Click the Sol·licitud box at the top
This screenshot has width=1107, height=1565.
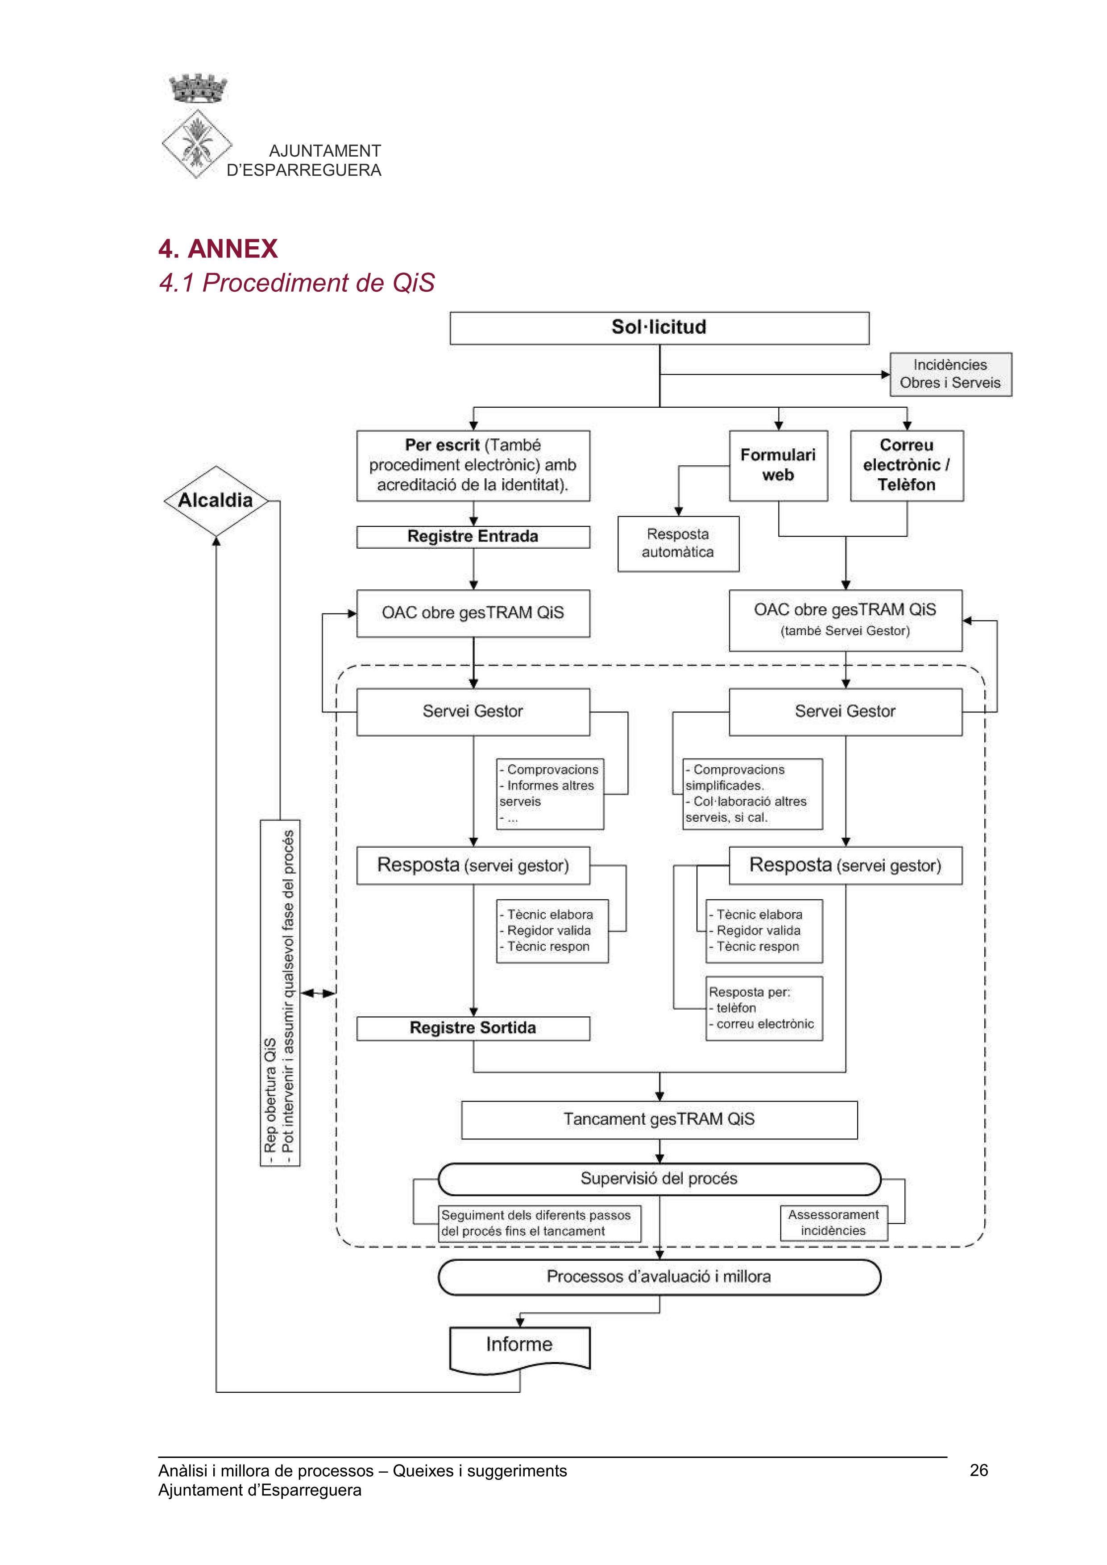tap(659, 328)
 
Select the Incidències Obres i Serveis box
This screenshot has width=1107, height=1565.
tap(950, 374)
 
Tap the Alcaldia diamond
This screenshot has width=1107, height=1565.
tap(216, 500)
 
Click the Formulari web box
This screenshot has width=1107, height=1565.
tap(778, 466)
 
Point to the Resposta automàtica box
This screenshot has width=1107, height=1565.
tap(678, 543)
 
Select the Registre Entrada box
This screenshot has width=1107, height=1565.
tap(473, 536)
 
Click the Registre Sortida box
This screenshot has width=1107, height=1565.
tap(473, 1028)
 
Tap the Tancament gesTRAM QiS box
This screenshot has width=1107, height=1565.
tap(659, 1119)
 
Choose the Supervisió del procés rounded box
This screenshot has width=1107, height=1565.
tap(659, 1179)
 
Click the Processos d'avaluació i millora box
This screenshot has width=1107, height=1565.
tap(659, 1277)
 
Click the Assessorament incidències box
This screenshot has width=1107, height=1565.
tap(833, 1223)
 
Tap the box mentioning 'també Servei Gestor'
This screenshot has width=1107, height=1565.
tap(845, 620)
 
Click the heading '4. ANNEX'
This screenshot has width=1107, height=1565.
tap(218, 249)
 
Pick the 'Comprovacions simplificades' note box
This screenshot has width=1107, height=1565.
tap(753, 793)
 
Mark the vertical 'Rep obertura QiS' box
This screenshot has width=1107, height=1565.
tap(280, 993)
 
